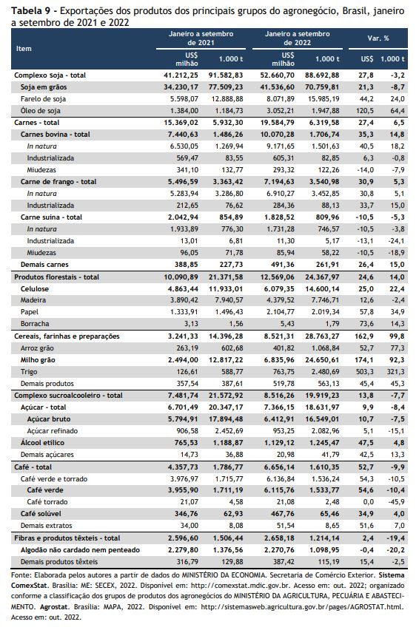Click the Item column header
(x=24, y=49)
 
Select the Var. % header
(x=378, y=38)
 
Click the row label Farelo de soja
(x=43, y=99)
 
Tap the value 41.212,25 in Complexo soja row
(x=181, y=75)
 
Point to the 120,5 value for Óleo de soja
(x=364, y=110)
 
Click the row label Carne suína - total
(x=51, y=217)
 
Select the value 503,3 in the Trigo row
(x=364, y=372)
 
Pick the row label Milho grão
(x=38, y=360)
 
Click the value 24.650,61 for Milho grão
(x=322, y=360)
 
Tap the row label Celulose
(x=35, y=289)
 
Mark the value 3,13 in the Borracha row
(x=190, y=323)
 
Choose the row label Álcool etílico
(x=42, y=443)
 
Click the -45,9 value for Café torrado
(x=397, y=502)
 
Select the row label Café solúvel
(x=41, y=513)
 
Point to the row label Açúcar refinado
(x=53, y=430)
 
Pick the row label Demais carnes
(x=44, y=265)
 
